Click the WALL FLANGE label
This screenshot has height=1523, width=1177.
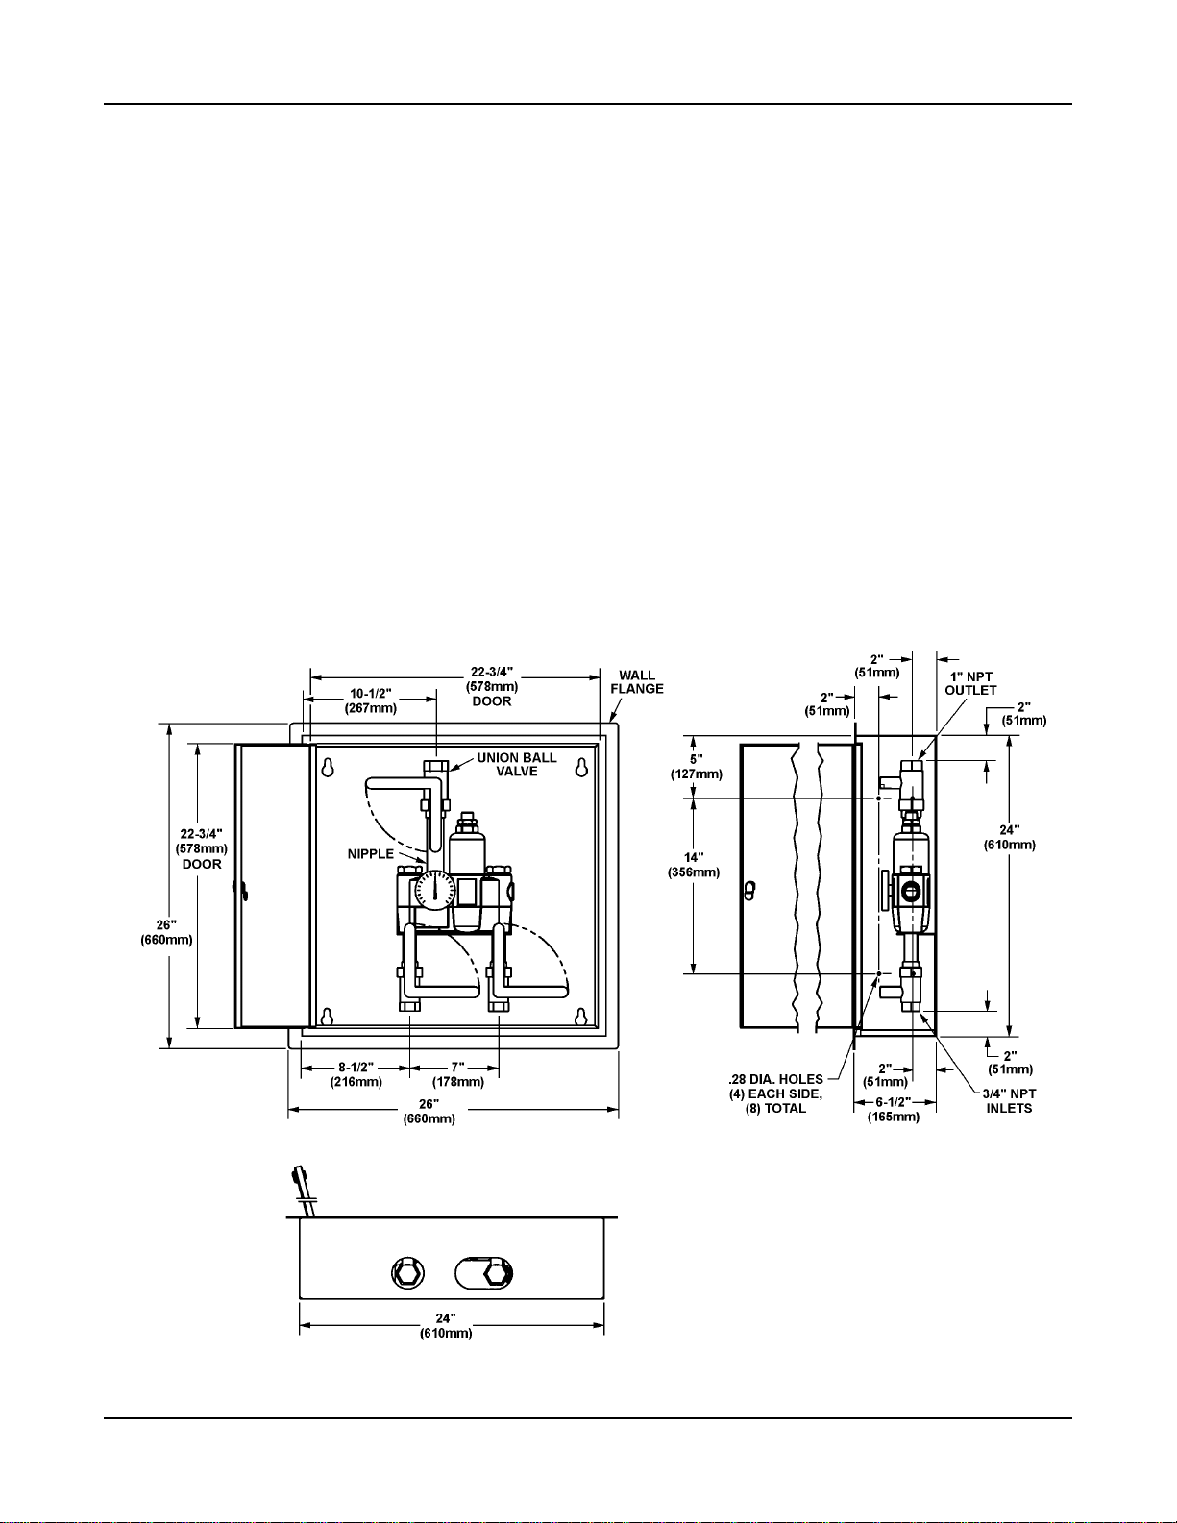tap(637, 682)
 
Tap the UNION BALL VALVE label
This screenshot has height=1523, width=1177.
tap(517, 764)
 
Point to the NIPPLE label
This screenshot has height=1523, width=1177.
tap(371, 853)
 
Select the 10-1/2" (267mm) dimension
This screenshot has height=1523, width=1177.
tap(371, 700)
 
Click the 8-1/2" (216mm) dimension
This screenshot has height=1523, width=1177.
tap(356, 1074)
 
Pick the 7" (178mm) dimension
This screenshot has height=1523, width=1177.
tap(457, 1074)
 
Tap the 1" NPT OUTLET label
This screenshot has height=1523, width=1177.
tap(970, 683)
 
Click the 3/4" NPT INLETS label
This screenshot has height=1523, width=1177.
tap(1009, 1100)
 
